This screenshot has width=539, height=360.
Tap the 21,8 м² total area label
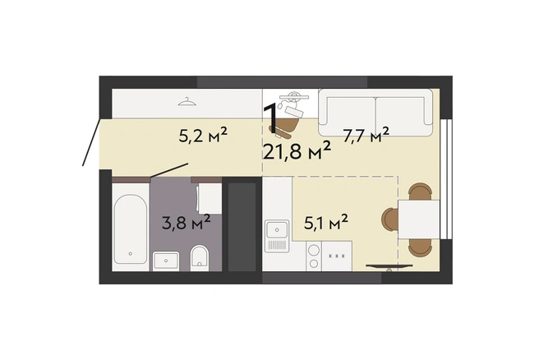click(297, 151)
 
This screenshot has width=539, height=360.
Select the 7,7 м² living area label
click(366, 135)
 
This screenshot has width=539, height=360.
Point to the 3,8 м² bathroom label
click(186, 223)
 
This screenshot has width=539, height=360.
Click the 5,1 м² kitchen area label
click(326, 222)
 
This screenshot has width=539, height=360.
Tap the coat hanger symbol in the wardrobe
click(187, 101)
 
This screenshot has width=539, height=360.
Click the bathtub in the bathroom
click(131, 229)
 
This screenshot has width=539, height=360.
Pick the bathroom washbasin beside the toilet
click(166, 261)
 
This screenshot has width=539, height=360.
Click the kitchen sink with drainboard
click(277, 236)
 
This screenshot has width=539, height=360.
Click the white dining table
click(419, 219)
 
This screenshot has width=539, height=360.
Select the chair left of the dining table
click(390, 219)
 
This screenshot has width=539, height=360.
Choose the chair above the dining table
click(420, 192)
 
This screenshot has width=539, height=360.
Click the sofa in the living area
click(375, 112)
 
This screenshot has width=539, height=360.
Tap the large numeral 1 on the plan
click(270, 118)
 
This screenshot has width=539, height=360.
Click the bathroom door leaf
click(169, 171)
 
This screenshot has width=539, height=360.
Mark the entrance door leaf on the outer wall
click(91, 142)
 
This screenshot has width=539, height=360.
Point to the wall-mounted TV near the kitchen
click(389, 266)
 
